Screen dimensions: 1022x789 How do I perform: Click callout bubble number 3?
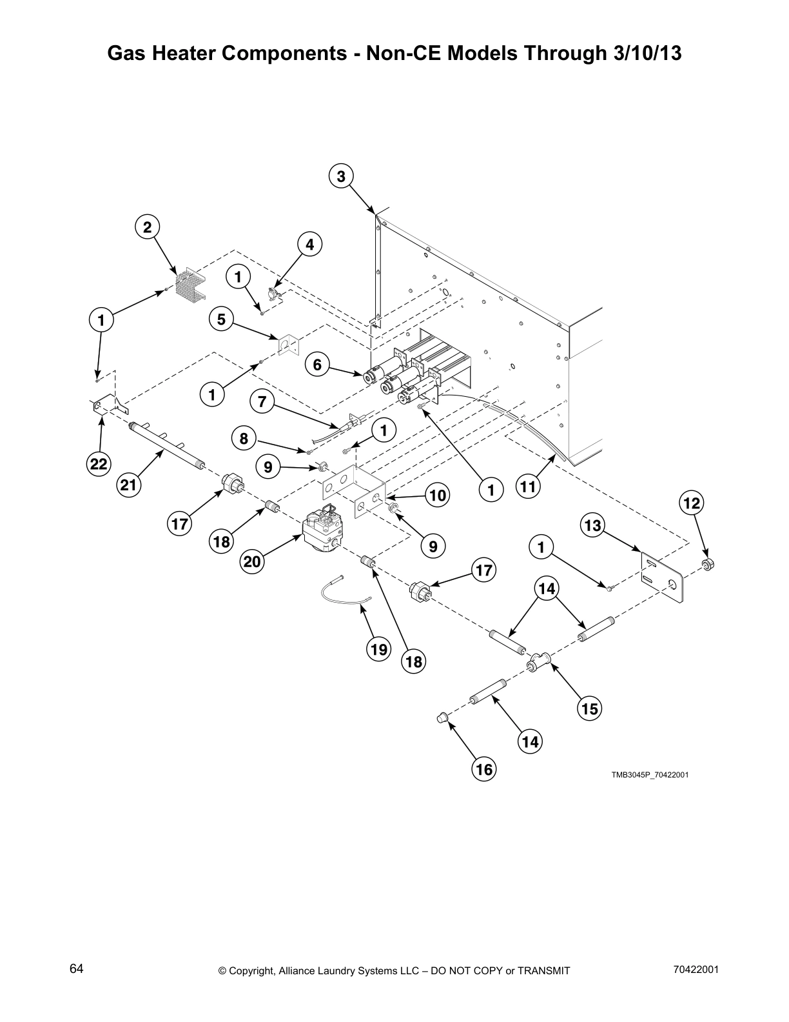point(341,175)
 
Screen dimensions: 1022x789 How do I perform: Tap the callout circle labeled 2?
point(148,227)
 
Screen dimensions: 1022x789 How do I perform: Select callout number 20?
point(252,562)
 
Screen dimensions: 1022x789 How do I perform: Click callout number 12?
point(691,504)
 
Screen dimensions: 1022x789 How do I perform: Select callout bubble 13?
point(592,526)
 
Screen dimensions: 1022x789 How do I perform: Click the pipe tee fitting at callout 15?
point(538,662)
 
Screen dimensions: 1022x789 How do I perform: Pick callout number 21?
point(129,485)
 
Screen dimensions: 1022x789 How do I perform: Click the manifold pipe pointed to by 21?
point(166,445)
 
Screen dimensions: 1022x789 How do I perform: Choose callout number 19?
point(379,649)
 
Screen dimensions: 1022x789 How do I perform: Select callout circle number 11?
point(528,486)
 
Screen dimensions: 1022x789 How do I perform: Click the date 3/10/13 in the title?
point(643,54)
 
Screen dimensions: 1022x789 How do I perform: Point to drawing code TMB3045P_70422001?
point(650,775)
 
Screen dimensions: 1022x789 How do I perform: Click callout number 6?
point(317,365)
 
